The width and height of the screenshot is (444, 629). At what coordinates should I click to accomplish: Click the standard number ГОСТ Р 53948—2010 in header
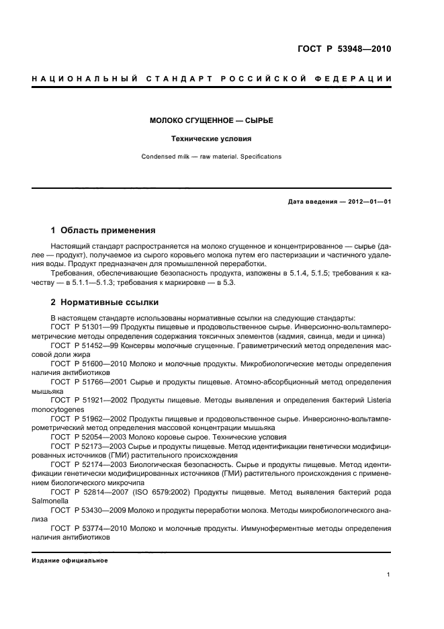tap(344, 48)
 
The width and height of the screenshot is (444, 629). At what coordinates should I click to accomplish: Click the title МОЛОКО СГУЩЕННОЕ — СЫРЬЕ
tap(211, 121)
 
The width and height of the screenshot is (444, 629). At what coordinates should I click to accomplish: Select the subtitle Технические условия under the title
tap(211, 139)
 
